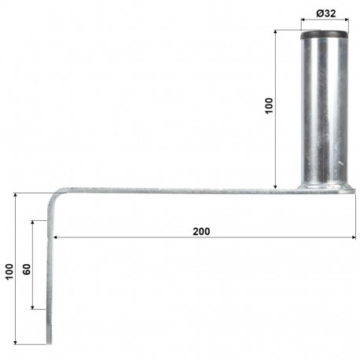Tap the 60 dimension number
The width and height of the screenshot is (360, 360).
click(x=26, y=268)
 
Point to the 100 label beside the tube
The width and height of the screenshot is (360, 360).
click(x=269, y=106)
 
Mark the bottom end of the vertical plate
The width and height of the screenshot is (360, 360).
click(x=50, y=340)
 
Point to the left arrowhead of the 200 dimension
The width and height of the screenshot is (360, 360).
click(x=56, y=237)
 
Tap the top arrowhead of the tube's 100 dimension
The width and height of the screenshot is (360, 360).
click(x=276, y=32)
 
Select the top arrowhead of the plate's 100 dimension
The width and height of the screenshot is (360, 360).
click(x=16, y=194)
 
